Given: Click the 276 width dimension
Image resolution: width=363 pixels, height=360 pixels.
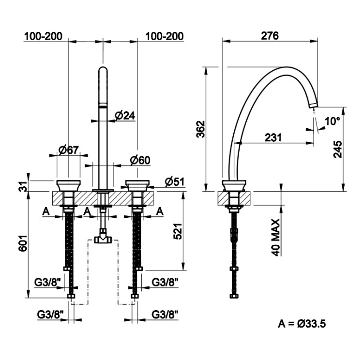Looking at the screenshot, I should [x=270, y=35].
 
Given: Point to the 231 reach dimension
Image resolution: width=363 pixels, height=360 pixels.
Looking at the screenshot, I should [x=273, y=137].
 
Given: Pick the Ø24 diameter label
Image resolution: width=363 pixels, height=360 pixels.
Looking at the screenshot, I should [x=125, y=115].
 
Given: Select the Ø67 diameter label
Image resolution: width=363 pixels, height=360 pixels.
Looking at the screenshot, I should [x=69, y=150].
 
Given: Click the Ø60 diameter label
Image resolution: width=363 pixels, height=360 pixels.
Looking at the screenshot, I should [x=140, y=160].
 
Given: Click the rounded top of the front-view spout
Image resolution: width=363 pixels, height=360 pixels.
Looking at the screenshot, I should [x=103, y=69].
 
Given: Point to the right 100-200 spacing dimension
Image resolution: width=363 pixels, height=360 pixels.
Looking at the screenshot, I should [x=165, y=36].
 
